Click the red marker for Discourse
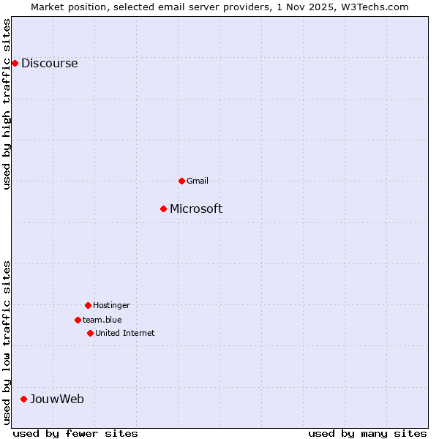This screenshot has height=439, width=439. point(15,63)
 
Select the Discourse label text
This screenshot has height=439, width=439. point(49,63)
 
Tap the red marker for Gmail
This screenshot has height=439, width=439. point(181,181)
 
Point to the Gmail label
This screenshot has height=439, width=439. point(198,181)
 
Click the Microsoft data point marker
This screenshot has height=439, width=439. point(163,209)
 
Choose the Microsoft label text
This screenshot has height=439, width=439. point(196,209)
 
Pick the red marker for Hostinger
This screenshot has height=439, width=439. point(88,305)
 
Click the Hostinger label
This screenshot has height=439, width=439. point(111,305)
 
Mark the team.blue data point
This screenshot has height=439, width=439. point(78,320)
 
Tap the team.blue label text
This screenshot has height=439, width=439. point(102,320)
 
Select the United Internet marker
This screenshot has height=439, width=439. point(90,333)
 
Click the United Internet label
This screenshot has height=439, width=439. point(125,333)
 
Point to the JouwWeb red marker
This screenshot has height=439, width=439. point(23,399)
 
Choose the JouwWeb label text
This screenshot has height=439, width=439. point(57,399)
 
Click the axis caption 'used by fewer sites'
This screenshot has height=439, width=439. point(75,433)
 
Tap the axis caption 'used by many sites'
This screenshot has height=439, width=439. point(367,433)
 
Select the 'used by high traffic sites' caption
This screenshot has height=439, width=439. point(7,104)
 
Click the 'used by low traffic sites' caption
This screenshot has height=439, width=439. point(7,342)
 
